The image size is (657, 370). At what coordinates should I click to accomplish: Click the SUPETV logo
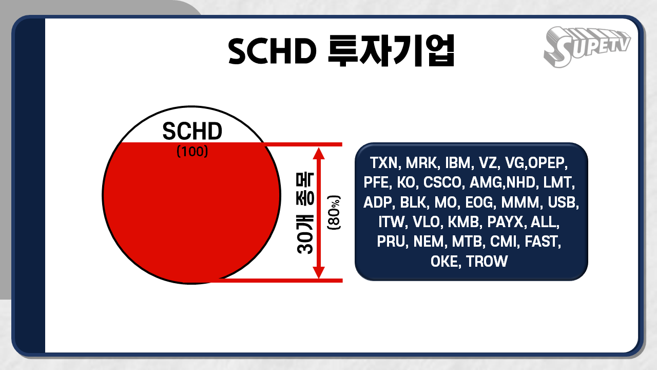[586, 45]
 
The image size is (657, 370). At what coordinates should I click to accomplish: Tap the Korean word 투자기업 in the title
[391, 50]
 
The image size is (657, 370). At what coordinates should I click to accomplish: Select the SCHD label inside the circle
[192, 132]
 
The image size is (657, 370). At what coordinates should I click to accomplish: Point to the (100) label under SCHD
[192, 152]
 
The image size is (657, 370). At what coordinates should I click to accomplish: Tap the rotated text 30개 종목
[306, 212]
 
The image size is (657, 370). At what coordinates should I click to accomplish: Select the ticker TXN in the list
[384, 163]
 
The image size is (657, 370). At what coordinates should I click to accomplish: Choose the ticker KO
[406, 183]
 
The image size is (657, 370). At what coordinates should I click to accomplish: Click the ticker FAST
[544, 242]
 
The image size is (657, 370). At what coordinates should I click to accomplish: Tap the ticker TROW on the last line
[487, 261]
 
